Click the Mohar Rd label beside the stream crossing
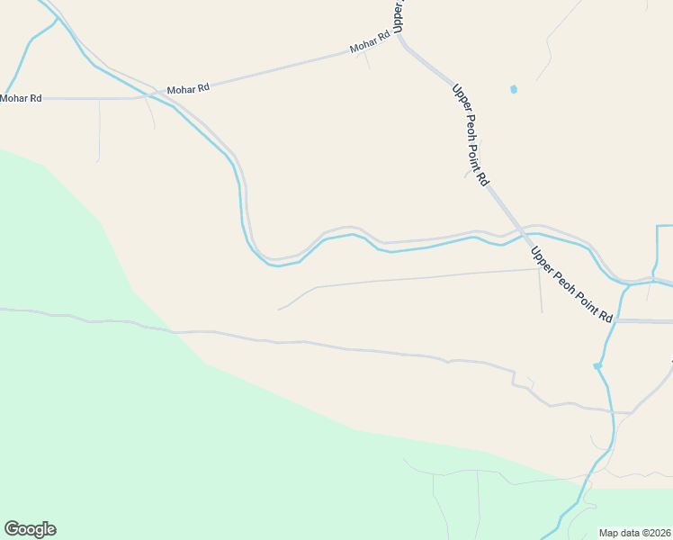pos(188,88)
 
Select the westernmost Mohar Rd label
pos(21,98)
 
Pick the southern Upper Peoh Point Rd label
pos(570,284)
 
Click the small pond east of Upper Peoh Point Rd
pos(514,89)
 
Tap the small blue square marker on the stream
pos(597,365)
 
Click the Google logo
pos(30,529)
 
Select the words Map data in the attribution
pos(617,533)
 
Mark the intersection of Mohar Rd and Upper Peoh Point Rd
pos(399,40)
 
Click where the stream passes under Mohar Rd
pos(144,92)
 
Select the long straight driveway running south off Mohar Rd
pos(99,130)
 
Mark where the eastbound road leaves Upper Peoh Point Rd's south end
pos(617,320)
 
